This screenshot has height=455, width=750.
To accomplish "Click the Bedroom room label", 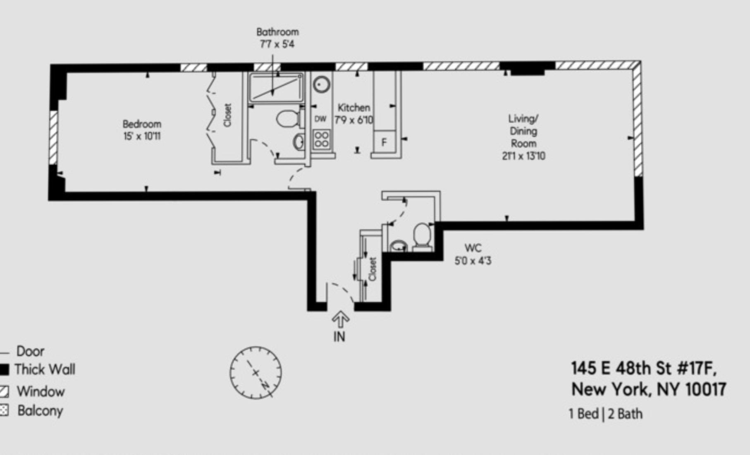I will point(142,124).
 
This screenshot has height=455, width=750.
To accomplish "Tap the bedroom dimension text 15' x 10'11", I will point(142,136).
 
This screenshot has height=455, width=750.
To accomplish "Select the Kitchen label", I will point(354,108).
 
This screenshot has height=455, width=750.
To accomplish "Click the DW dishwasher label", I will point(320,119).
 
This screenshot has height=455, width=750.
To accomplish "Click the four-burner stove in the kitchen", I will point(321,139).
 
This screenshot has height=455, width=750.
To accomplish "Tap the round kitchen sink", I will point(321,85).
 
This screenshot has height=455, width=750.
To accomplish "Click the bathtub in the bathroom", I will point(276,88).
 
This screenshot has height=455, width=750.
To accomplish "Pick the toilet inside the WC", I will point(422,236).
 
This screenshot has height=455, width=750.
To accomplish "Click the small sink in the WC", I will point(399,246).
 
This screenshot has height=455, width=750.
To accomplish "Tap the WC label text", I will point(473,248).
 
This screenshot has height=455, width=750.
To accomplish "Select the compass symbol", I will point(256,373).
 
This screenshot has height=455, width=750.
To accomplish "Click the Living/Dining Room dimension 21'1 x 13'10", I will point(523,156).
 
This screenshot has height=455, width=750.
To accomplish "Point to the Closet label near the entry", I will point(373,269).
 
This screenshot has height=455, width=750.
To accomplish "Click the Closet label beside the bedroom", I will point(227,115).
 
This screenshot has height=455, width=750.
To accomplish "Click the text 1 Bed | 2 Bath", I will point(606,414).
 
